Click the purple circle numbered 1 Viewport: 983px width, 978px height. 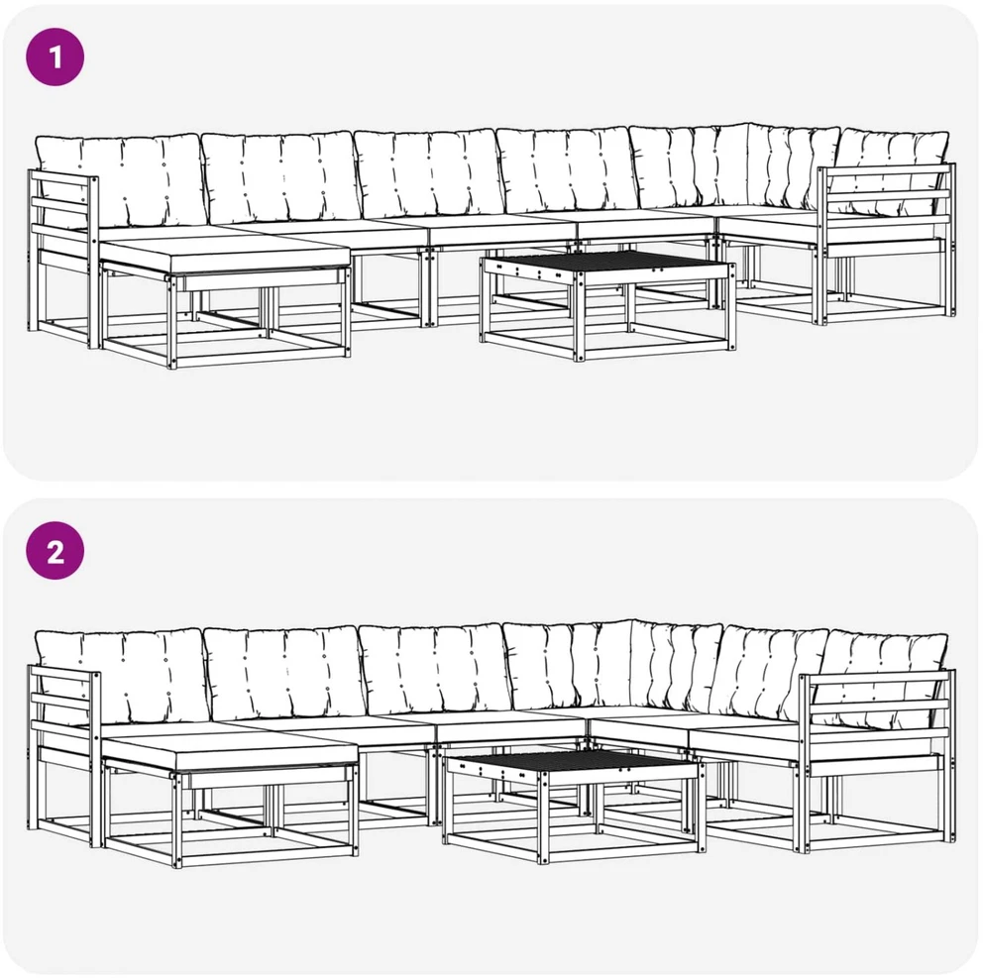(x=55, y=57)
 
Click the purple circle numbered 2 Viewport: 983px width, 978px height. (x=55, y=551)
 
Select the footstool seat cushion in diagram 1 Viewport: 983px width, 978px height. (x=224, y=260)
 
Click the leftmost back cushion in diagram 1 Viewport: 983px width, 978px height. (x=120, y=180)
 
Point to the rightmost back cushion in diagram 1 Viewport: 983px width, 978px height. (x=893, y=169)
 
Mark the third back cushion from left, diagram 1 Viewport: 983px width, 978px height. (x=430, y=173)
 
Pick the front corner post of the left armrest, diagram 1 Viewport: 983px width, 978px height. (x=94, y=263)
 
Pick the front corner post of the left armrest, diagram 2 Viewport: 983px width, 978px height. (x=96, y=759)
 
